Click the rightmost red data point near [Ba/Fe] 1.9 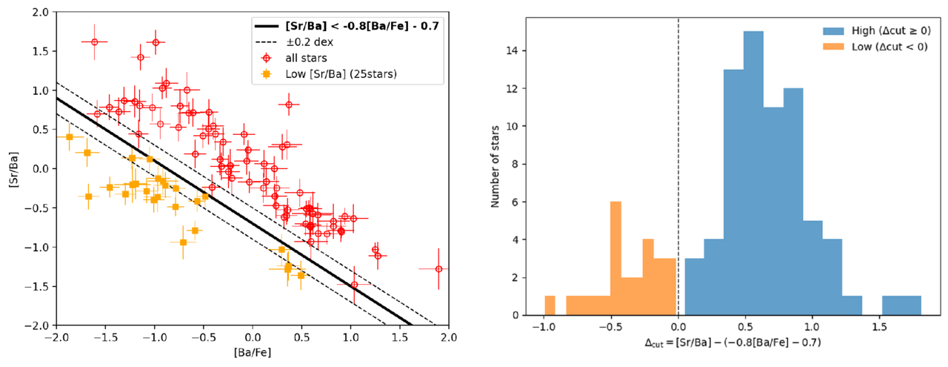pos(438,269)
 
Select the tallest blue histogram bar pos(753,173)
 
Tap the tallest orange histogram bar pos(615,259)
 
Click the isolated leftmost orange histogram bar pos(550,305)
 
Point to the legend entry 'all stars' pos(306,58)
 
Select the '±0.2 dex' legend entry pos(309,42)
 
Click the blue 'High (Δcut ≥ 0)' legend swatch pos(833,30)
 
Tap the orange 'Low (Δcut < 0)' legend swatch pos(833,47)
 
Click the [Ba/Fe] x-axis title pos(253,353)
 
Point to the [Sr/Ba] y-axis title pos(14,169)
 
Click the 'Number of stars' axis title pos(495,167)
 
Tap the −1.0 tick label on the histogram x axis pos(544,327)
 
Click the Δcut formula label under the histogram pos(732,343)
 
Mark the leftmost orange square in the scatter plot pos(70,137)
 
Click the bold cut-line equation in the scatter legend pos(362,26)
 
